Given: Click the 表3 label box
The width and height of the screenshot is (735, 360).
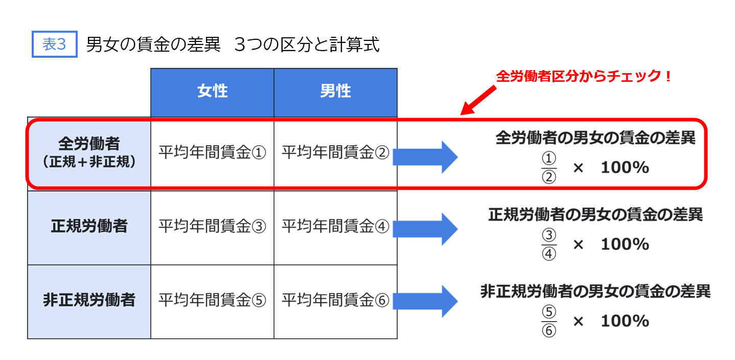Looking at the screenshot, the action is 55,44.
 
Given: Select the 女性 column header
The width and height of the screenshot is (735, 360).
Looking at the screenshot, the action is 212,93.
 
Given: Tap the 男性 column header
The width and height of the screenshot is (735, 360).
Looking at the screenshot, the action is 336,93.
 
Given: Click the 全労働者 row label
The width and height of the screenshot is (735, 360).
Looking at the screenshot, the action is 89,152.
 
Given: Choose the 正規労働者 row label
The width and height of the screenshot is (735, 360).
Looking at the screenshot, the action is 89,228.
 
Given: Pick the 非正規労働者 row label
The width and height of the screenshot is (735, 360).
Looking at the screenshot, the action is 89,302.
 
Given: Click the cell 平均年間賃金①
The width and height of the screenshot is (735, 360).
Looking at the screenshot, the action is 212,152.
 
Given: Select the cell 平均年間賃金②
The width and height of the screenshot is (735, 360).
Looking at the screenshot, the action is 336,152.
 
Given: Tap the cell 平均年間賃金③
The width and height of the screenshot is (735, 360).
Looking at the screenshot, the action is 212,228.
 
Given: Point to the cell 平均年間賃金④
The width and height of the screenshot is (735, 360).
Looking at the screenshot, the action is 336,228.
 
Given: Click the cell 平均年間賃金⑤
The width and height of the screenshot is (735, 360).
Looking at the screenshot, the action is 212,302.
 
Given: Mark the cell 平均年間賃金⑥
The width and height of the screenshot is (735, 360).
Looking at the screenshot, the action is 336,302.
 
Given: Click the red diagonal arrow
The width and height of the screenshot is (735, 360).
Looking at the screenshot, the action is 478,100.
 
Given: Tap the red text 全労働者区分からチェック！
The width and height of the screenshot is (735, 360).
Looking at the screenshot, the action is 584,76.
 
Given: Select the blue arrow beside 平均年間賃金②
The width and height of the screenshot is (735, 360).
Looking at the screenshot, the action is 425,157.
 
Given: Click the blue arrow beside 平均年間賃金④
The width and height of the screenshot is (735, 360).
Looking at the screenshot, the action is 425,229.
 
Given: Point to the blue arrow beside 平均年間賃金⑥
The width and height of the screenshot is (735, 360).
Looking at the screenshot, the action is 425,301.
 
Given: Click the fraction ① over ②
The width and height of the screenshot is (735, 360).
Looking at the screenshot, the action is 549,167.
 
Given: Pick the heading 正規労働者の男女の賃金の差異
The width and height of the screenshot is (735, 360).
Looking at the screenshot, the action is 595,215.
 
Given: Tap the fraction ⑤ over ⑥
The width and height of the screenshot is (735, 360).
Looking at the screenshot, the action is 549,321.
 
